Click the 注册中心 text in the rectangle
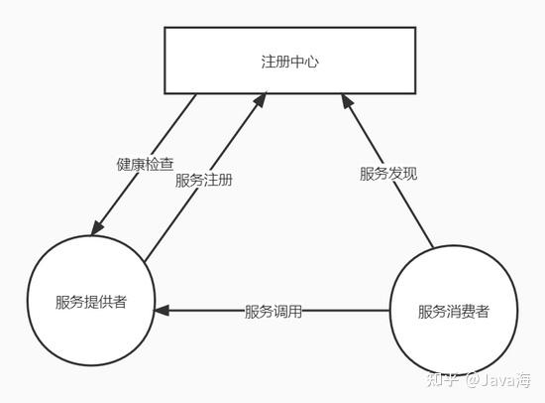click(x=290, y=62)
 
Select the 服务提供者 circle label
click(x=91, y=302)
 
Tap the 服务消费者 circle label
click(x=454, y=311)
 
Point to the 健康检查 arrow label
click(x=145, y=164)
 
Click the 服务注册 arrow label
click(x=204, y=180)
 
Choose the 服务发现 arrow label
click(x=388, y=173)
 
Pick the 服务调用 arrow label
click(x=273, y=311)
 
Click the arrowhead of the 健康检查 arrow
click(x=97, y=227)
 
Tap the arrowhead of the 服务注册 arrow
click(x=260, y=99)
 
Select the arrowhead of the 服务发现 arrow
click(x=347, y=100)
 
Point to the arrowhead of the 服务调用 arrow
click(x=162, y=310)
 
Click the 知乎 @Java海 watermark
click(x=479, y=379)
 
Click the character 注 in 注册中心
click(x=269, y=62)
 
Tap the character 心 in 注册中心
click(x=312, y=62)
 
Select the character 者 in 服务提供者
click(x=120, y=302)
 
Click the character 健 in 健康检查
click(x=124, y=164)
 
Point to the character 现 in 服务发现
click(x=410, y=173)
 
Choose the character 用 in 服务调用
click(x=294, y=311)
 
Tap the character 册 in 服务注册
click(x=225, y=180)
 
